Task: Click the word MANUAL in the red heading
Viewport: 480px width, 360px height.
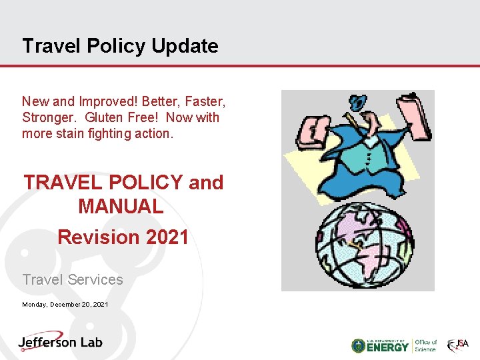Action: (121, 207)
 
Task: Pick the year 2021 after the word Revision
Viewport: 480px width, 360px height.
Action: (163, 237)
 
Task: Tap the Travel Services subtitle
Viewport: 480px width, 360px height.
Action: (73, 280)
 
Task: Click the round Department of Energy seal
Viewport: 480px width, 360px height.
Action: (358, 345)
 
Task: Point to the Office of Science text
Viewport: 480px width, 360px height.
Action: (425, 345)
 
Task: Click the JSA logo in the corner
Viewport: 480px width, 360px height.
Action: (458, 345)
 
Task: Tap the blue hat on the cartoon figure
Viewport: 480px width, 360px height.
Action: (359, 103)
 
